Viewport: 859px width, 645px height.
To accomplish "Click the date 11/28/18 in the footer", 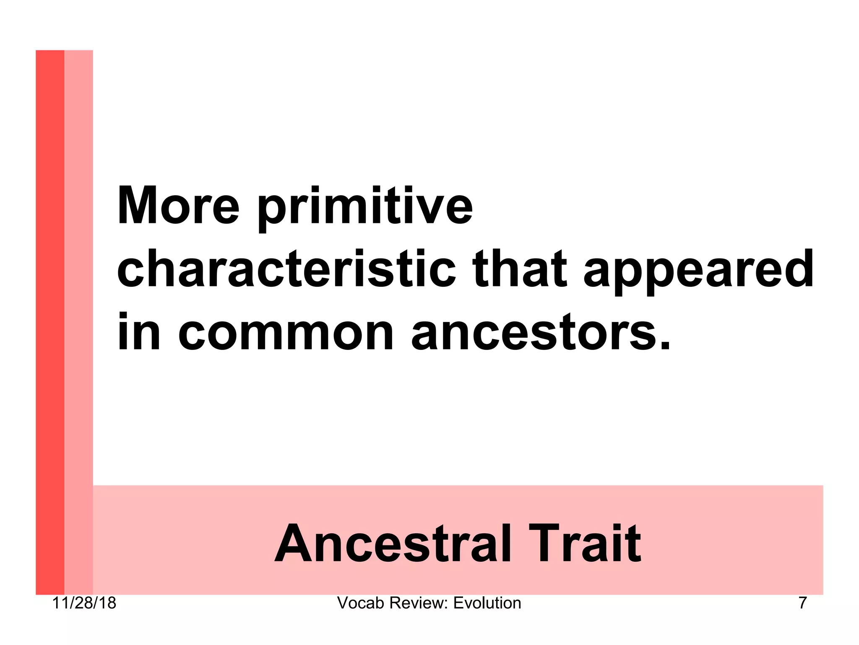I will point(84,603).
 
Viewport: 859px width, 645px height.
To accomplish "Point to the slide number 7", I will point(802,603).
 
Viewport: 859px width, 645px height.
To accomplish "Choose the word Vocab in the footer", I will point(361,603).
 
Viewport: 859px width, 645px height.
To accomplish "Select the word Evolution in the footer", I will point(487,603).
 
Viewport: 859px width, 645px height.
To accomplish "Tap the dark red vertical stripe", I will point(50,319).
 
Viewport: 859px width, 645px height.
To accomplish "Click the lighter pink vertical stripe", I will point(78,319).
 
